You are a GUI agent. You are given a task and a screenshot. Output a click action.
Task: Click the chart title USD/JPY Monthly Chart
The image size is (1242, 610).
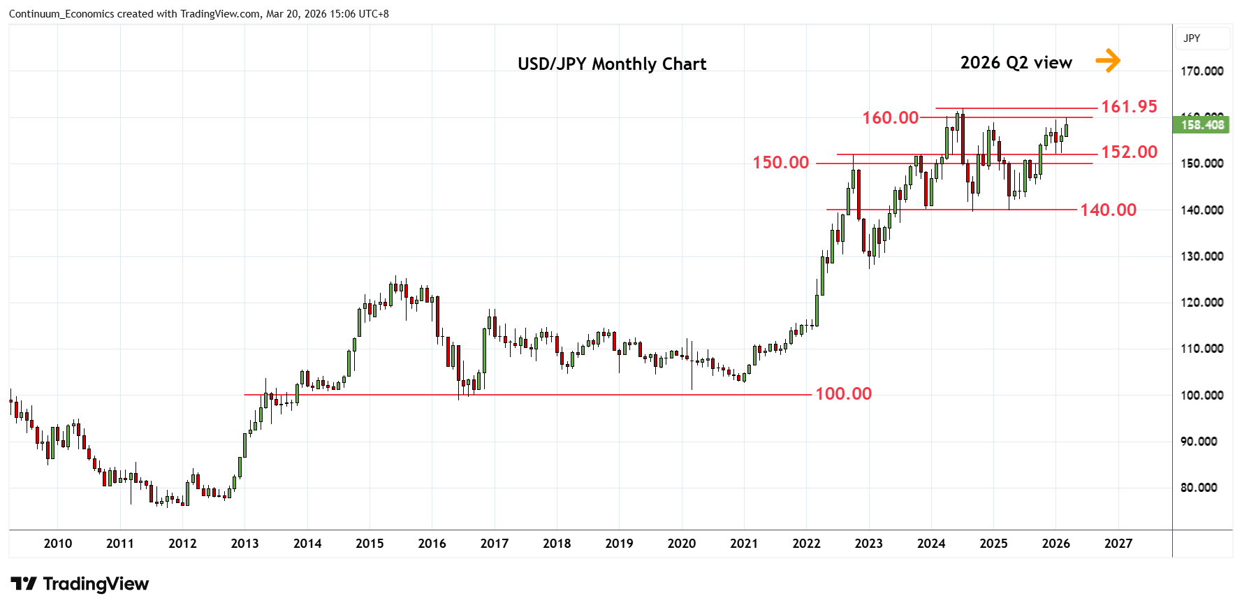(612, 64)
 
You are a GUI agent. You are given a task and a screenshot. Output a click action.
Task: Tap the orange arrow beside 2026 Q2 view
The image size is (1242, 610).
(1107, 61)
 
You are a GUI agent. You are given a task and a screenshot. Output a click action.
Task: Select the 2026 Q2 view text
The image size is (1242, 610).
(1016, 63)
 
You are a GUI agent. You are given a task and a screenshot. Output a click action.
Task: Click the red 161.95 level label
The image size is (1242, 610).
(1129, 107)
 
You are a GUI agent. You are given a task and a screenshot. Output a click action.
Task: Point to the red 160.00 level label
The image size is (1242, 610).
(890, 118)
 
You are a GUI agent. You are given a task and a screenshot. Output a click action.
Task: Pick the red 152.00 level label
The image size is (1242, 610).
(1129, 152)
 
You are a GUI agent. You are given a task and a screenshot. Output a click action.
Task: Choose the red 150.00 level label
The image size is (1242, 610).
(780, 163)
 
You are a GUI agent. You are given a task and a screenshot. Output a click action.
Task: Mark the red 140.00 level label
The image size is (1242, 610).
(1108, 210)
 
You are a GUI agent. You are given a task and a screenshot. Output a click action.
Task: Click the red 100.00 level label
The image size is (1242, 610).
(843, 394)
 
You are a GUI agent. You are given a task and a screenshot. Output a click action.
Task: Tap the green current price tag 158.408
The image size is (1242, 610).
(1202, 125)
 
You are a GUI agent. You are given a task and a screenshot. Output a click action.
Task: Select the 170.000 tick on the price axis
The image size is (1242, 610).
(1201, 71)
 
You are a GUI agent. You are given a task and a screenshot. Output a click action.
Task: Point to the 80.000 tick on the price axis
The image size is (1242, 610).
(1199, 488)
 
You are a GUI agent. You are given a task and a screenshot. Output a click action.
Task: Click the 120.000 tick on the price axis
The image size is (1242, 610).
(1201, 303)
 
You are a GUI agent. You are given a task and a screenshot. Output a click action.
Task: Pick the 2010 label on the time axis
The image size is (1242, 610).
(57, 544)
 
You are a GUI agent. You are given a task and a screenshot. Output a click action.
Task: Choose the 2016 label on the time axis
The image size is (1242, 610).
(432, 544)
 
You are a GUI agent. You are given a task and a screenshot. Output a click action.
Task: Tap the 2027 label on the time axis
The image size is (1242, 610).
(1118, 544)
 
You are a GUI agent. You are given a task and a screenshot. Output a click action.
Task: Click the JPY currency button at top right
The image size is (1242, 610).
(1192, 38)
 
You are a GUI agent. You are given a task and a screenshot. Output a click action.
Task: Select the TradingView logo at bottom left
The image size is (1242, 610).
(80, 584)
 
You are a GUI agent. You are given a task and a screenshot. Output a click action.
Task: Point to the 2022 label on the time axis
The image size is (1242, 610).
(806, 544)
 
